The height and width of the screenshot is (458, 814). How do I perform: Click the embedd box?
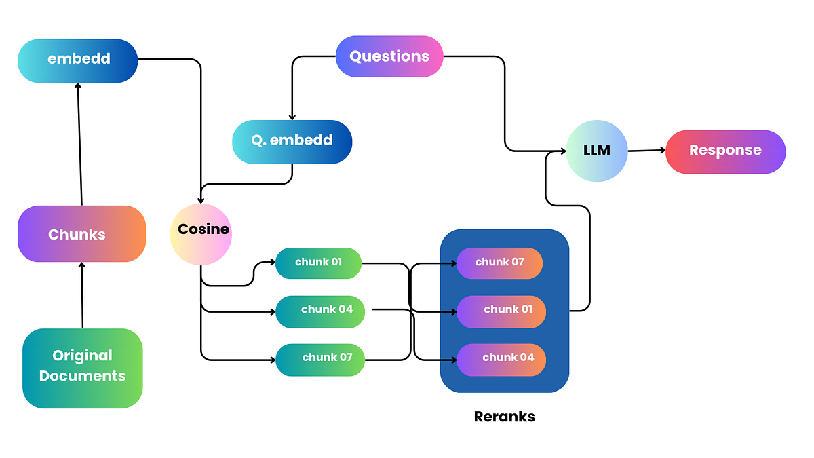[x=77, y=60]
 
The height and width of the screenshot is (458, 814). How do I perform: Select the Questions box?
[x=389, y=56]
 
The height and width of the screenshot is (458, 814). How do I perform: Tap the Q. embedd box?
[x=292, y=141]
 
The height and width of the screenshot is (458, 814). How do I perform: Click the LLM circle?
[x=597, y=151]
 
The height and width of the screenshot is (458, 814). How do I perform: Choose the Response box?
[x=725, y=151]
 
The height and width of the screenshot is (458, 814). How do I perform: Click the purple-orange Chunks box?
[x=81, y=234]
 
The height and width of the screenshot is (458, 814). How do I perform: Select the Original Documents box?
[x=82, y=367]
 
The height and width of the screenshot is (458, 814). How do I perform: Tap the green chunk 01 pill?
[x=318, y=263]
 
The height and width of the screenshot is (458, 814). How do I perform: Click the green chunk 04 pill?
[x=321, y=311]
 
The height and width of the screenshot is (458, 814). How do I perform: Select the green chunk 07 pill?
[x=320, y=359]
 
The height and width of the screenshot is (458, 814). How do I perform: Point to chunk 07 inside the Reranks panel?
[x=499, y=263]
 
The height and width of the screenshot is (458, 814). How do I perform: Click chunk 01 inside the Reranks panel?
[x=501, y=311]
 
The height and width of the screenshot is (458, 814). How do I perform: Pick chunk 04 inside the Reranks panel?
[x=501, y=359]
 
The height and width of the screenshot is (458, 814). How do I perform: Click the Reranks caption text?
[x=504, y=417]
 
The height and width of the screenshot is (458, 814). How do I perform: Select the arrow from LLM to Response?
[x=646, y=151]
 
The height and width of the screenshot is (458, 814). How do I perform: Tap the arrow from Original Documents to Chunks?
[x=82, y=295]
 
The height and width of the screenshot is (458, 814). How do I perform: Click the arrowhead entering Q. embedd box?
[x=292, y=117]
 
